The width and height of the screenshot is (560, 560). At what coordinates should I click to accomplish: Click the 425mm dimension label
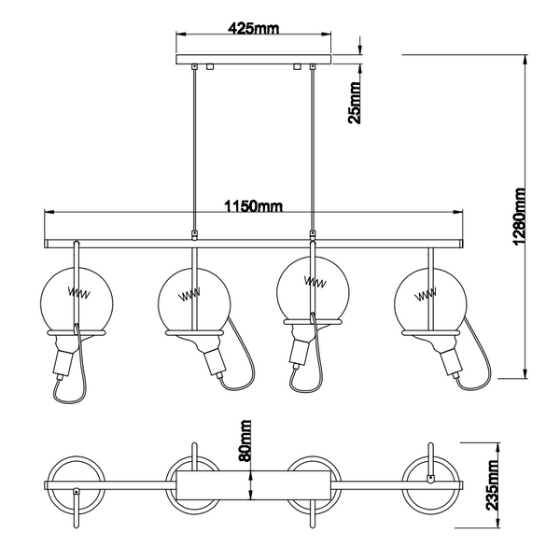253,28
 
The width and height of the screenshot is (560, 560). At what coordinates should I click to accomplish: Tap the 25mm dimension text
355,103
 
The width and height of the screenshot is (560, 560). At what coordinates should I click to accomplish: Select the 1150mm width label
253,206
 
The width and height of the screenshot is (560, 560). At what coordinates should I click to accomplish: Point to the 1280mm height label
519,217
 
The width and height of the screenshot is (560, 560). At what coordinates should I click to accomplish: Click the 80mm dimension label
245,441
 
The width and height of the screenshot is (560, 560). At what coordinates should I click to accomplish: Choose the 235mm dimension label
492,484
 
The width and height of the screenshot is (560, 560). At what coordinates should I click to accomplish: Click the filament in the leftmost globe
79,293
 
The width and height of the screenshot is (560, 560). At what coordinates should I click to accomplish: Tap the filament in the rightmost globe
426,295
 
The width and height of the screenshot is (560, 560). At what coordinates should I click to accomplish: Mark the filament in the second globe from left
189,295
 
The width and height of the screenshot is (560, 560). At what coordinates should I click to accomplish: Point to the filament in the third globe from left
315,282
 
